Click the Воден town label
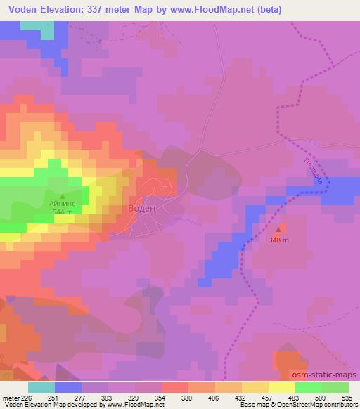coord(141,209)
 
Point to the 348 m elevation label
coord(280,240)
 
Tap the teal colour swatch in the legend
coord(41,387)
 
